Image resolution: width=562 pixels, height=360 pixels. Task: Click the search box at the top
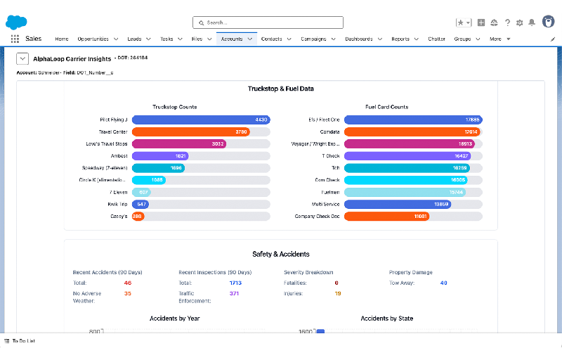click(268, 22)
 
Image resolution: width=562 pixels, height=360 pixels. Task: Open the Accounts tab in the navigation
click(232, 39)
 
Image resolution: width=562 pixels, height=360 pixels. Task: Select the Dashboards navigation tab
click(359, 39)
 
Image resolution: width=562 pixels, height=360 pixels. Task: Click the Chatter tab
click(436, 39)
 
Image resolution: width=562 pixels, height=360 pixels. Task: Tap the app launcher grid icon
click(15, 39)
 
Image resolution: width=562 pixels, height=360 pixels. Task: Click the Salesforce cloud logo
click(16, 22)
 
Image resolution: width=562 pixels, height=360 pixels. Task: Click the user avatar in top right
click(548, 22)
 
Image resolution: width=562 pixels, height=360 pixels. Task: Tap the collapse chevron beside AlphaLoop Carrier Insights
click(21, 59)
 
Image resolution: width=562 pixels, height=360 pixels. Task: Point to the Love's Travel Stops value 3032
click(218, 143)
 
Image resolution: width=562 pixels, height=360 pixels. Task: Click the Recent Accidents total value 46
click(128, 283)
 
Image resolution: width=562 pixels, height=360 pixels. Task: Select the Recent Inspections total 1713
click(235, 283)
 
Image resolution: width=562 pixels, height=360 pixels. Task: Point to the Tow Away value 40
click(443, 283)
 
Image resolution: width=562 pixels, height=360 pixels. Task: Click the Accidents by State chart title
click(386, 319)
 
